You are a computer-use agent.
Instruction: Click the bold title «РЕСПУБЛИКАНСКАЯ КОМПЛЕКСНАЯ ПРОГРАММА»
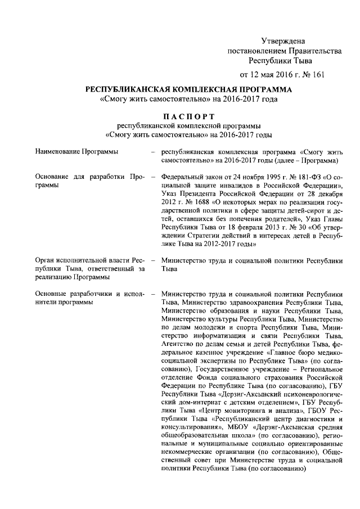[x=188, y=90]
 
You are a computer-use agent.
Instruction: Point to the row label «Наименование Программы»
[x=76, y=152]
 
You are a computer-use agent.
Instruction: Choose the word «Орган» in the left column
[x=44, y=261]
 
